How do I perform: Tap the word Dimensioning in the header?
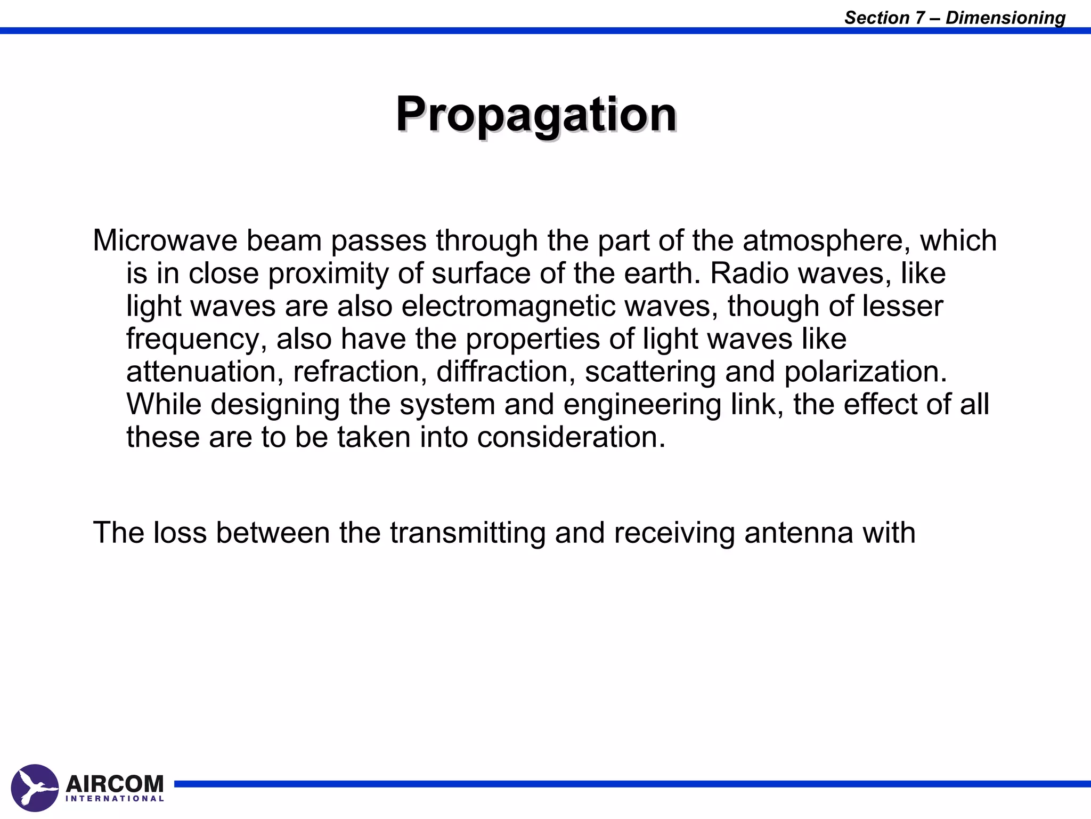[x=1005, y=18]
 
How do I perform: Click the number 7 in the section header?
[x=920, y=18]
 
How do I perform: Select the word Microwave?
[x=165, y=240]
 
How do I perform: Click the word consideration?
[x=571, y=437]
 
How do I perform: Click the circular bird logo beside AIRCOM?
[x=35, y=788]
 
